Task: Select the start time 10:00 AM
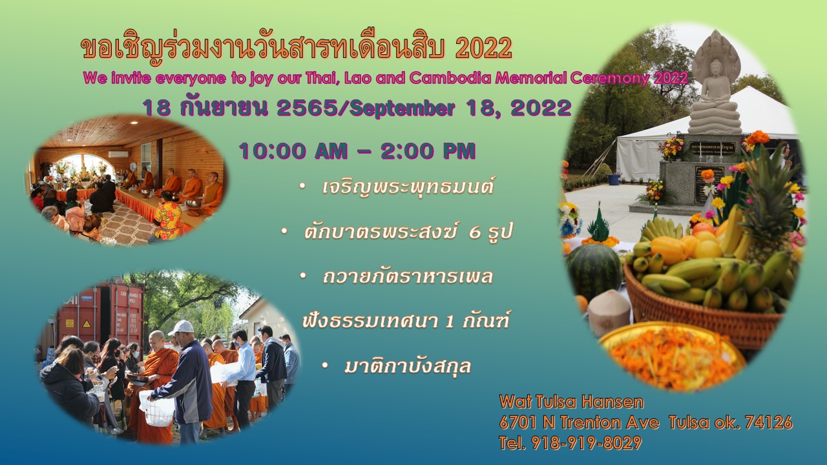coord(293,151)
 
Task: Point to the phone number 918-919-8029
coord(586,443)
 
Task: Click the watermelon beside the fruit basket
coord(594,271)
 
